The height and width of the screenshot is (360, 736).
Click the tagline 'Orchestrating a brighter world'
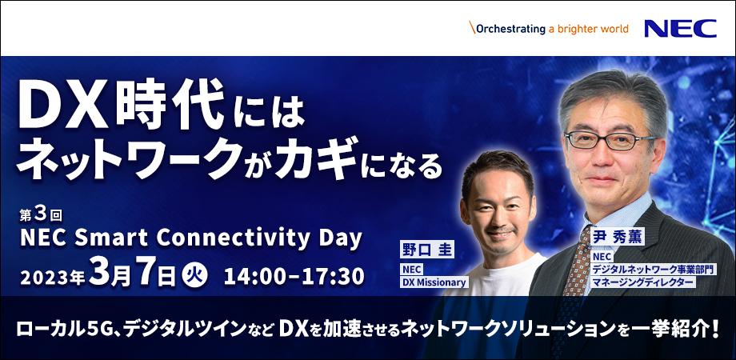point(549,29)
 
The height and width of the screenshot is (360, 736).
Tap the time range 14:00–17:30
point(294,275)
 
